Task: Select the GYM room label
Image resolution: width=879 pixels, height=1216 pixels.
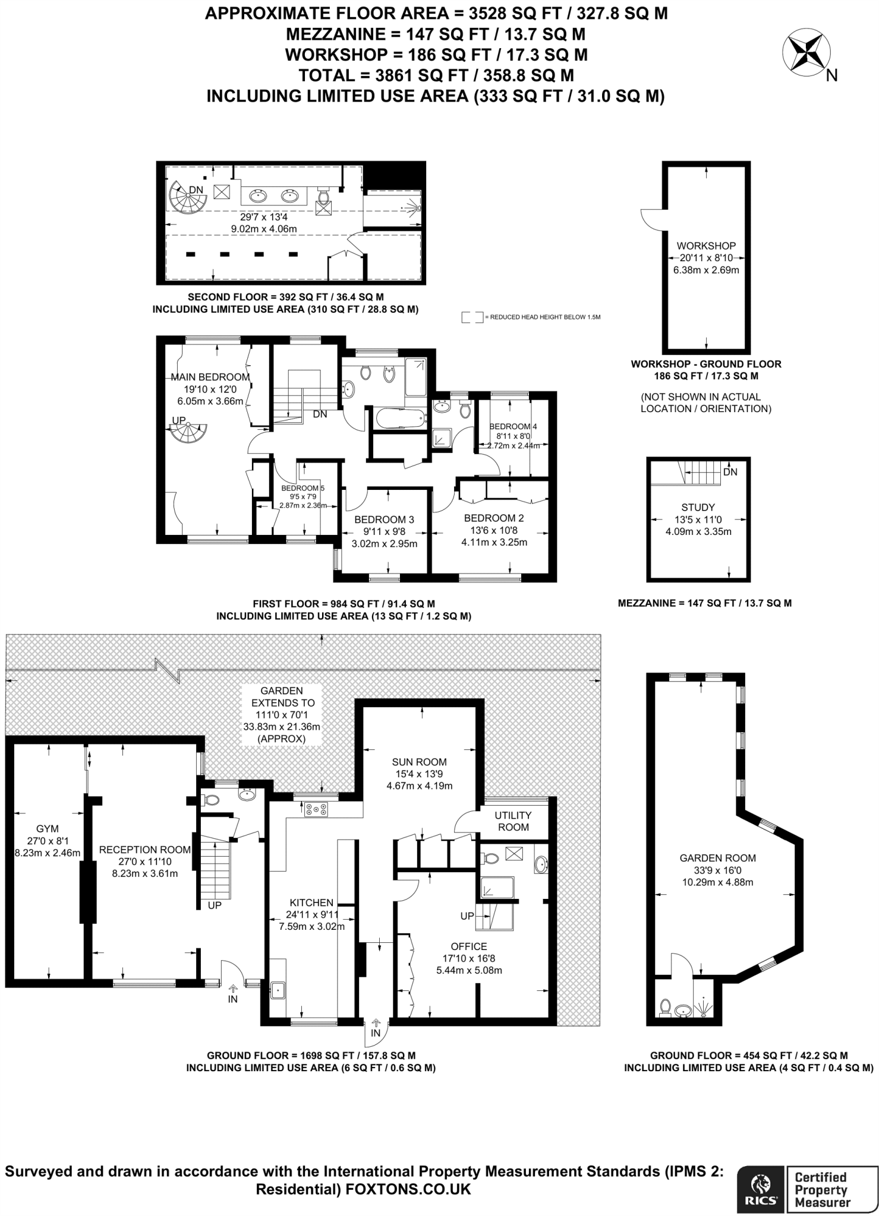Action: pos(47,828)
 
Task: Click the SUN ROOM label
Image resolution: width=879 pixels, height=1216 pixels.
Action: pos(419,762)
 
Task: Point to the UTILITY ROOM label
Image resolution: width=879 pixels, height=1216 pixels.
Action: pos(513,821)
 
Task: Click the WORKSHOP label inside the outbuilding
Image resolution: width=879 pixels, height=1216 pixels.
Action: pos(706,246)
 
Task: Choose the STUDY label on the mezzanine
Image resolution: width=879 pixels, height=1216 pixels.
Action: pos(698,508)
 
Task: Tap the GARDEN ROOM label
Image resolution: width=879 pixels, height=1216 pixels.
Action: pos(718,858)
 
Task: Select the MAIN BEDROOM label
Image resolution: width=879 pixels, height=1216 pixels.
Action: pos(210,377)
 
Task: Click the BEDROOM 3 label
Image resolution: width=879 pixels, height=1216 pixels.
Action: pos(385,520)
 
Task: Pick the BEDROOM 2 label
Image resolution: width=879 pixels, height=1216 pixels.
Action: pos(494,518)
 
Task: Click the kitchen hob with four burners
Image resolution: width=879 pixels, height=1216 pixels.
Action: pos(316,809)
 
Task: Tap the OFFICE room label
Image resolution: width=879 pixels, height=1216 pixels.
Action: pos(469,946)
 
